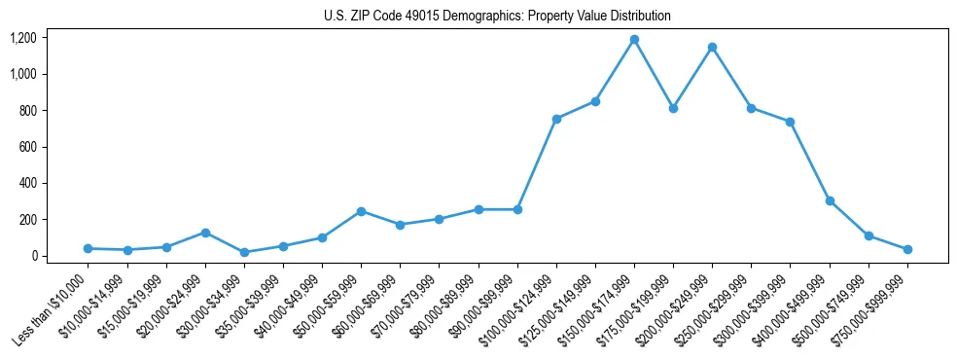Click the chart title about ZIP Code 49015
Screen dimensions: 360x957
click(x=497, y=17)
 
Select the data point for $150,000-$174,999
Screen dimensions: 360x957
click(x=634, y=40)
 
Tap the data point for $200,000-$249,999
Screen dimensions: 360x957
click(x=712, y=47)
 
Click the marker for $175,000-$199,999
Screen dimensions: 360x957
click(x=673, y=108)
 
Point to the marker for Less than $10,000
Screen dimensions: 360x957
click(x=88, y=249)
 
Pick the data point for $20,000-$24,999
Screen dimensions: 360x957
click(x=205, y=233)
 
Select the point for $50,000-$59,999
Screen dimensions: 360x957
click(x=361, y=211)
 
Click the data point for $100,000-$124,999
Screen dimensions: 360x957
click(x=556, y=119)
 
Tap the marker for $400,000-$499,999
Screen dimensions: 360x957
click(x=830, y=200)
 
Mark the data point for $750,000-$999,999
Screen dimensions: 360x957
click(x=907, y=250)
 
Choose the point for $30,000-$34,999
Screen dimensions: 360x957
click(x=244, y=253)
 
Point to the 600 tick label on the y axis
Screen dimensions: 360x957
click(x=29, y=147)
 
